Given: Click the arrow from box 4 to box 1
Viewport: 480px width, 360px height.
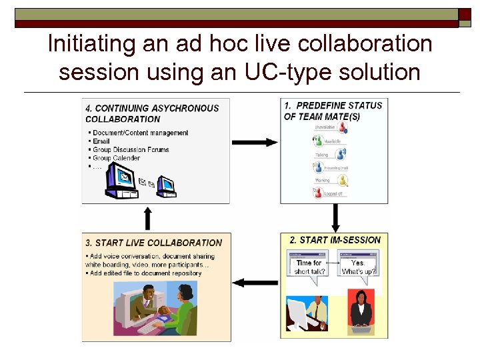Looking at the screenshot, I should [255, 142].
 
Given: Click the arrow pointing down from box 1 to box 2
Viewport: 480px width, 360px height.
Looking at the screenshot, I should [335, 217].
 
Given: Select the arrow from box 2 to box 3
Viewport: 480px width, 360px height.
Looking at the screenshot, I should [256, 283].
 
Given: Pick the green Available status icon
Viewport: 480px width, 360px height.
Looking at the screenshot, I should [317, 141].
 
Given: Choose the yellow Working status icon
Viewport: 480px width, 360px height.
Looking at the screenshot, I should [343, 180].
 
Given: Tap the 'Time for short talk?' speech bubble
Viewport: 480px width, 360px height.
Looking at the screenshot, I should [308, 266].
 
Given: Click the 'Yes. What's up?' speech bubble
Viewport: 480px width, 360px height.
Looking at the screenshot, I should [359, 266].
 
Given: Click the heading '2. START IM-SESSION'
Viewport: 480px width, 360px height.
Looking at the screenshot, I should [335, 240].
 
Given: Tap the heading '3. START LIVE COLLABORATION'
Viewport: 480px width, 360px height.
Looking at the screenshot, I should [153, 243].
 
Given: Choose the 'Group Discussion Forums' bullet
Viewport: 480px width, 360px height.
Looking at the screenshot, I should [131, 150].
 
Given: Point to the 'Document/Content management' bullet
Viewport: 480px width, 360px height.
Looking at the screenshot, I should [141, 133].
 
